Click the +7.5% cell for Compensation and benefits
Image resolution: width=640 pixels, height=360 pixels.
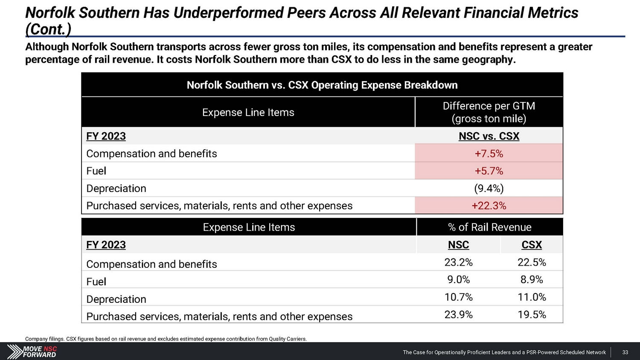pos(489,154)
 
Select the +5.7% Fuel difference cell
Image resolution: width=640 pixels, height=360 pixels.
pos(489,171)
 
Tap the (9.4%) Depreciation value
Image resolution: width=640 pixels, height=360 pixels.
pos(489,189)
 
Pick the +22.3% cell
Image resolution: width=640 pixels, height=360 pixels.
pos(489,206)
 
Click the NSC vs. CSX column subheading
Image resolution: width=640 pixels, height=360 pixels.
pos(489,136)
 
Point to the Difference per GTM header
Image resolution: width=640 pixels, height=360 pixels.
pos(489,112)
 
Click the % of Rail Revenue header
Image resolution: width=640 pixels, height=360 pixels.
pos(489,227)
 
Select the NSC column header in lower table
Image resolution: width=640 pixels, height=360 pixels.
pos(458,245)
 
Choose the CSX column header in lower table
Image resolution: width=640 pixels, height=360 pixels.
pos(532,245)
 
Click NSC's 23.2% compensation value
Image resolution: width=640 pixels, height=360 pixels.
pos(458,262)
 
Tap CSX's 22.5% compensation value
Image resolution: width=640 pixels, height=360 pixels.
pos(532,262)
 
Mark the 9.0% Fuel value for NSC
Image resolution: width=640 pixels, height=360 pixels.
pos(458,280)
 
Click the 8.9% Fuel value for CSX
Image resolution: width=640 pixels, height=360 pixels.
pos(532,280)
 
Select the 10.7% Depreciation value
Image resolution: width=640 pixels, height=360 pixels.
pos(458,297)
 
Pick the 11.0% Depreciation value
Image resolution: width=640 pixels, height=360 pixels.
pos(532,297)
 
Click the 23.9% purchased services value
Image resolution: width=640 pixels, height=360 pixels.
pos(458,315)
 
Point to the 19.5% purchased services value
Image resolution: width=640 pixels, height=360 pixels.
pos(532,315)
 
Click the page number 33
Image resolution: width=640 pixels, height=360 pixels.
pos(625,352)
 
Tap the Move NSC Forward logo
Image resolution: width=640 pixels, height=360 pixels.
pos(32,351)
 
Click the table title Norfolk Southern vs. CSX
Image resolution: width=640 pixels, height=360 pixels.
pos(322,85)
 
